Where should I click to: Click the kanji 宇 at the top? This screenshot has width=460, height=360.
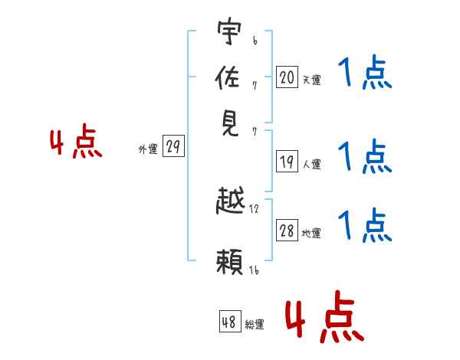(229, 31)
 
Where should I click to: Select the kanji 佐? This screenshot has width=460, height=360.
(228, 77)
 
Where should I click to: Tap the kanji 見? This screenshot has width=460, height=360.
(231, 124)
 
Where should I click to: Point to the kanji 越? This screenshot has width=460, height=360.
(230, 200)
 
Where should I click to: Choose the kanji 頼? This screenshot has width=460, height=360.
(230, 262)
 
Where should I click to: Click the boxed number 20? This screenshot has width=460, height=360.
(287, 77)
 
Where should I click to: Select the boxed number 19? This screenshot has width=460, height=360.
(287, 162)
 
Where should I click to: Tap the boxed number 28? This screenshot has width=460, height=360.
(287, 230)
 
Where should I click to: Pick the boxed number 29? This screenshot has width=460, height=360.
(173, 146)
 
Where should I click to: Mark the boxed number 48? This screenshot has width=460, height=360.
(230, 321)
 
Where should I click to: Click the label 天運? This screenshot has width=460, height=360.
(312, 80)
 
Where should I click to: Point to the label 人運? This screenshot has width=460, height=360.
(312, 164)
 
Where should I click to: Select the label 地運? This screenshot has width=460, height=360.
(311, 233)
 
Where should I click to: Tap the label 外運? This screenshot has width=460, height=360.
(148, 149)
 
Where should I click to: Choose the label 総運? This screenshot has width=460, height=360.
(255, 324)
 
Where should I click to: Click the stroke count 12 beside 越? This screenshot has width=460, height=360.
(254, 209)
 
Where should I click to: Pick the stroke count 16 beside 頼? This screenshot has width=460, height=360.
(254, 270)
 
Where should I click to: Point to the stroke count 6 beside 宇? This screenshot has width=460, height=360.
(255, 41)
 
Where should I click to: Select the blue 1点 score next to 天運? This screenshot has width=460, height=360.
(365, 72)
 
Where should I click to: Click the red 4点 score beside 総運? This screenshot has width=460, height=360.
(325, 317)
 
